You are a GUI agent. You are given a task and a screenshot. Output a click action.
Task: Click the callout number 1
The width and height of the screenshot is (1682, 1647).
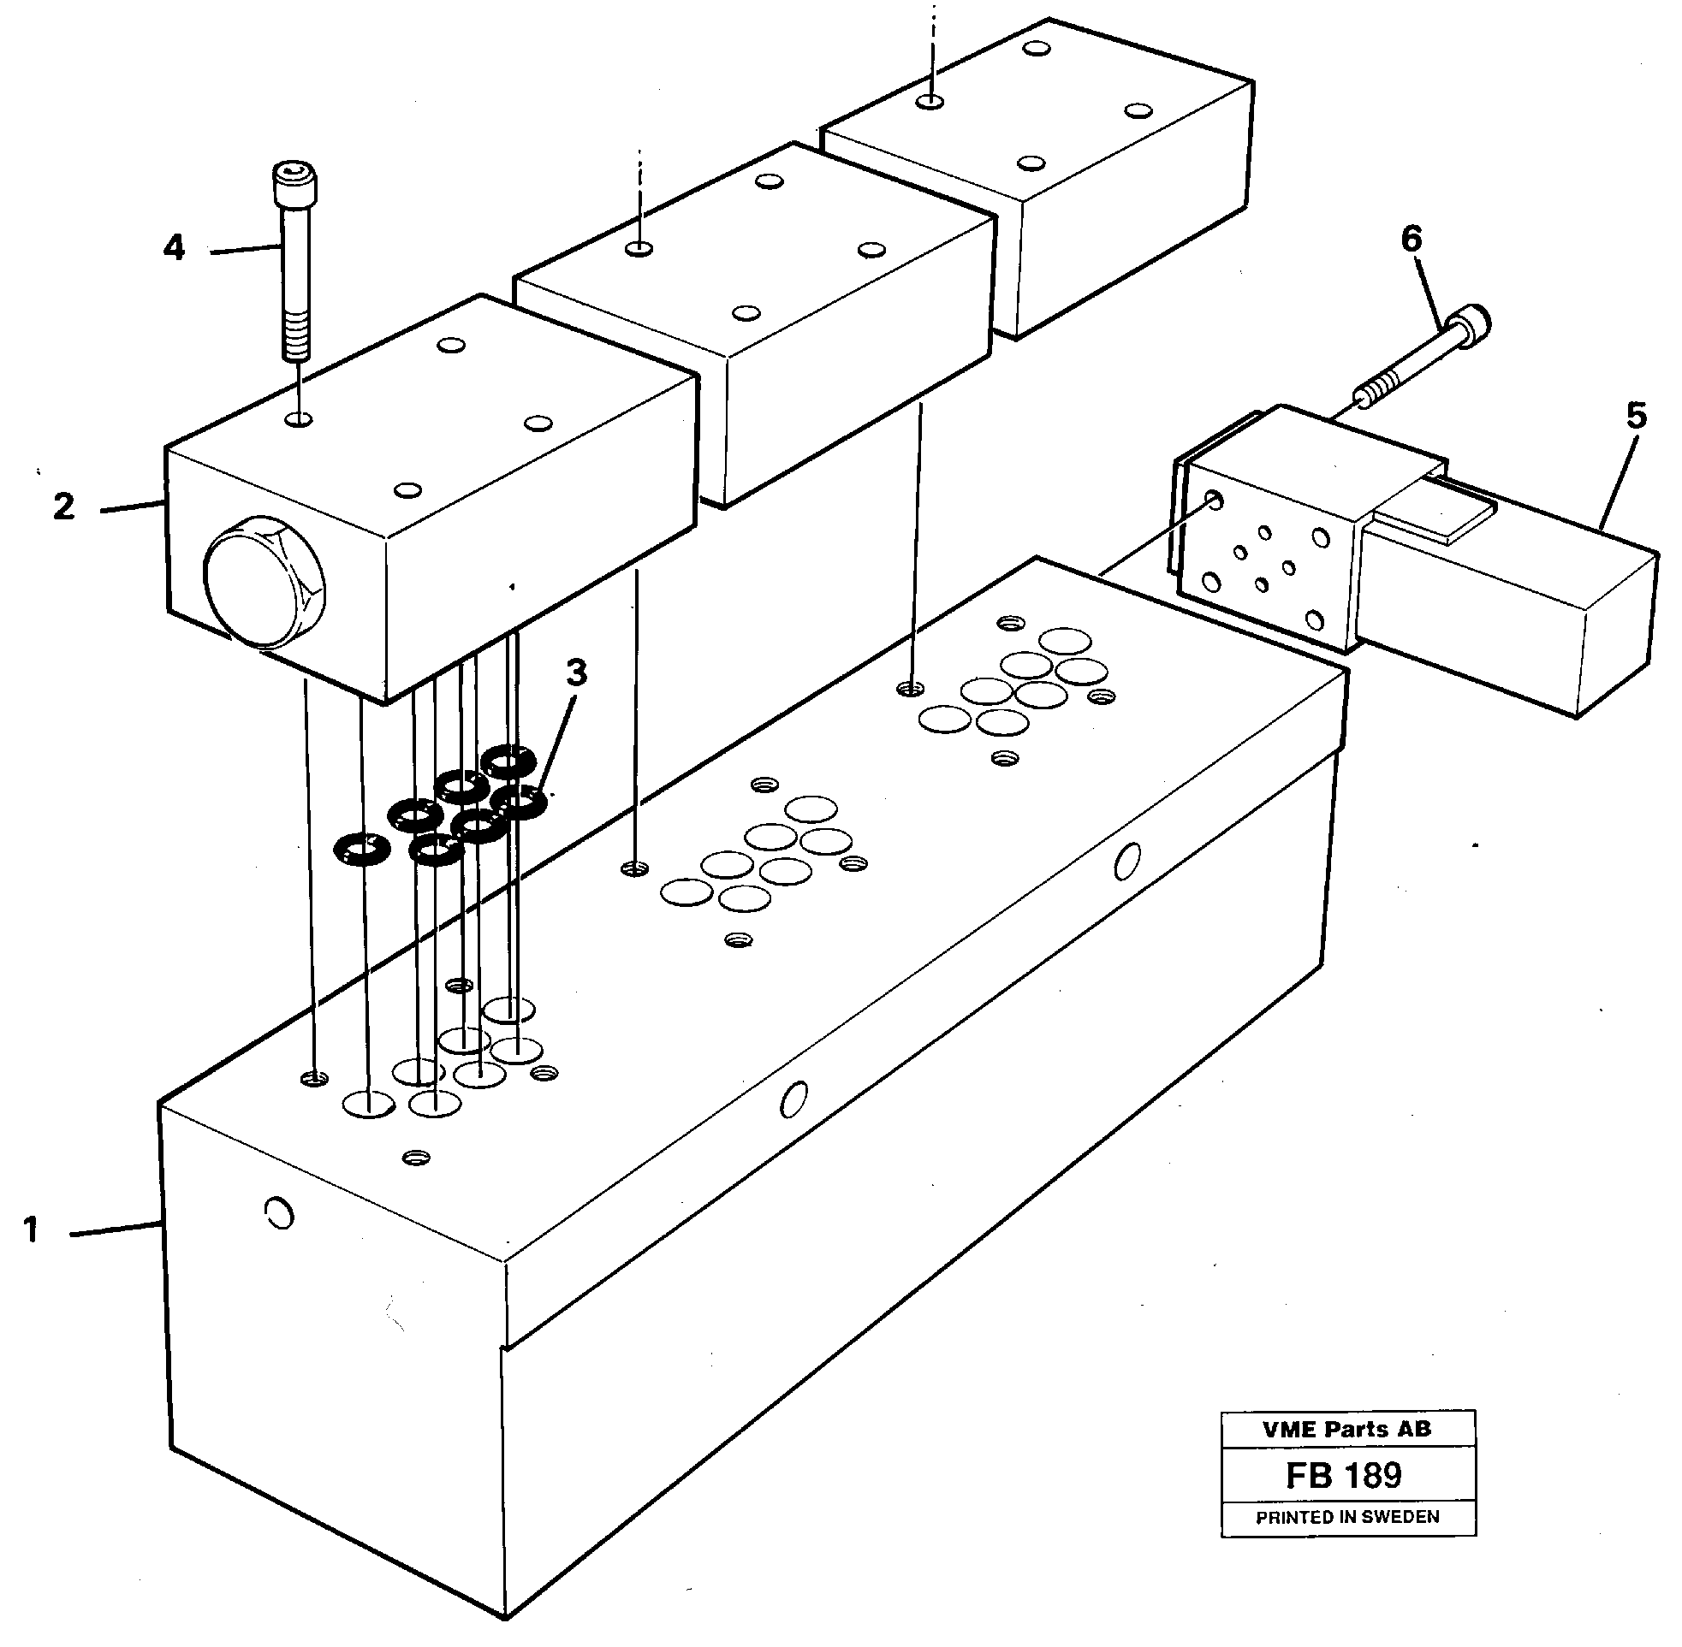tap(31, 1230)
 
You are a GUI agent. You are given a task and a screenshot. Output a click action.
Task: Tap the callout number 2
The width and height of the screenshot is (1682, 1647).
tap(64, 507)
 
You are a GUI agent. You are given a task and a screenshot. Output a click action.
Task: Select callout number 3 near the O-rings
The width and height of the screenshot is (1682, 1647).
tap(577, 672)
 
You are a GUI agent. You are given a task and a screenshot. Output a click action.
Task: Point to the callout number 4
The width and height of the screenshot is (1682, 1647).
tap(174, 248)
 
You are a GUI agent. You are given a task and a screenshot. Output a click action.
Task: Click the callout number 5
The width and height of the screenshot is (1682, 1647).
tap(1635, 416)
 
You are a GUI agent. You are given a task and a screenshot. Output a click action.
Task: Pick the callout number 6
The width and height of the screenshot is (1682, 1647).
tap(1412, 239)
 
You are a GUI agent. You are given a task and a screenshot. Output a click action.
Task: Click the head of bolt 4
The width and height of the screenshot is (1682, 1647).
tap(294, 182)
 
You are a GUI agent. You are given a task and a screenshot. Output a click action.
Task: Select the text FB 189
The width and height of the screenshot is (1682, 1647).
tap(1343, 1475)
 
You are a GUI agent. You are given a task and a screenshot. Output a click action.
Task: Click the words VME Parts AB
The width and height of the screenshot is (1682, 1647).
tap(1346, 1429)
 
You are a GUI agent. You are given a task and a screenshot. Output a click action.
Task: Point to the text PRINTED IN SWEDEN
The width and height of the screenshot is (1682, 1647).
tap(1347, 1516)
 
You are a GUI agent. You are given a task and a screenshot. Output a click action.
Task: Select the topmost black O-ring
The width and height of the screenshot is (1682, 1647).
tap(508, 761)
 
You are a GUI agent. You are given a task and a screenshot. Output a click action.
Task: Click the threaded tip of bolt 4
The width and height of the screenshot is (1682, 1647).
tap(296, 343)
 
